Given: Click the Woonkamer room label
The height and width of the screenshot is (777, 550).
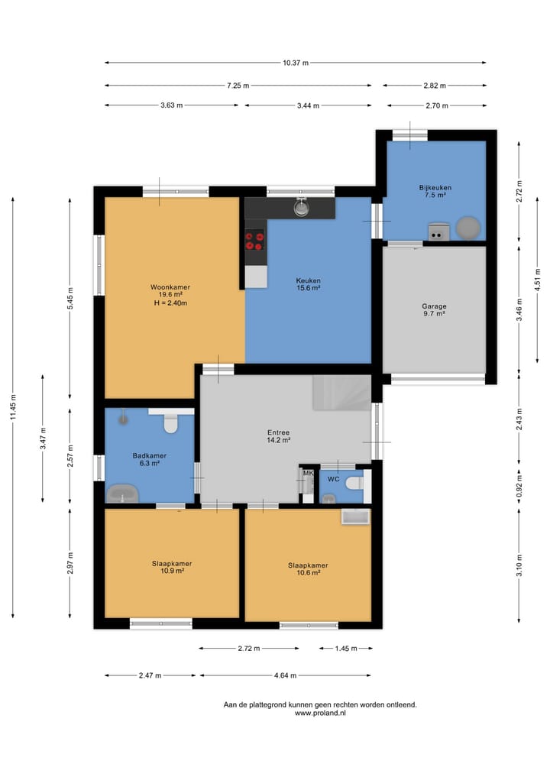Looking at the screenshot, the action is [x=170, y=287].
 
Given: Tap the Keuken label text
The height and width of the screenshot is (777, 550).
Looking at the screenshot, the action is [x=308, y=280].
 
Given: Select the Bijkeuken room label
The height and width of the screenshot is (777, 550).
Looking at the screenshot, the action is [x=435, y=188].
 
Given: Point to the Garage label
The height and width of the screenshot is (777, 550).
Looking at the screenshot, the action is [x=434, y=306].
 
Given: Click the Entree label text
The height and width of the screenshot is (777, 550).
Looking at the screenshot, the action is [x=279, y=432].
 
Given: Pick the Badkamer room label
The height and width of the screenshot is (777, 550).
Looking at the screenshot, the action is [x=149, y=456].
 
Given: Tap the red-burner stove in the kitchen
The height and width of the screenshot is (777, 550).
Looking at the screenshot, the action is [x=255, y=241].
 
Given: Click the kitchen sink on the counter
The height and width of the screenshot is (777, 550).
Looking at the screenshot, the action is [x=301, y=207].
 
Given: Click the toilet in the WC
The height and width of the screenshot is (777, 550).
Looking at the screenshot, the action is [x=354, y=482].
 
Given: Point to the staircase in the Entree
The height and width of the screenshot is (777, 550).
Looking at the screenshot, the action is [x=342, y=392].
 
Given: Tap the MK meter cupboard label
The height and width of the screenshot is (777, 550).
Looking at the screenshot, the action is [x=308, y=473].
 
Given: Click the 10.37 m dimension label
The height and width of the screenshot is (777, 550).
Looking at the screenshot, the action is [x=296, y=63].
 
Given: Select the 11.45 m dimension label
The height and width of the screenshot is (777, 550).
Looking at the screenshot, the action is [x=14, y=407].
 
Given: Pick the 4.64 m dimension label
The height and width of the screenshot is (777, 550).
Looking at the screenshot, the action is [x=286, y=675].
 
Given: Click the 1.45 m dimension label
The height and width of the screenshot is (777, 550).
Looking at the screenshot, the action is [x=346, y=648].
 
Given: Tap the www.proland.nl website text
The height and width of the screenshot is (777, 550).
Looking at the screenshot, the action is [x=320, y=713].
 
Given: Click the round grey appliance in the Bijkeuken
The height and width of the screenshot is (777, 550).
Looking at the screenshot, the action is [x=467, y=228].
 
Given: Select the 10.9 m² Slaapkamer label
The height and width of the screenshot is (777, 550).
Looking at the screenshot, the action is [x=172, y=568].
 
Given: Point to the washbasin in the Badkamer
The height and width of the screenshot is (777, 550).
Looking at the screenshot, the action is [x=122, y=494].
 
